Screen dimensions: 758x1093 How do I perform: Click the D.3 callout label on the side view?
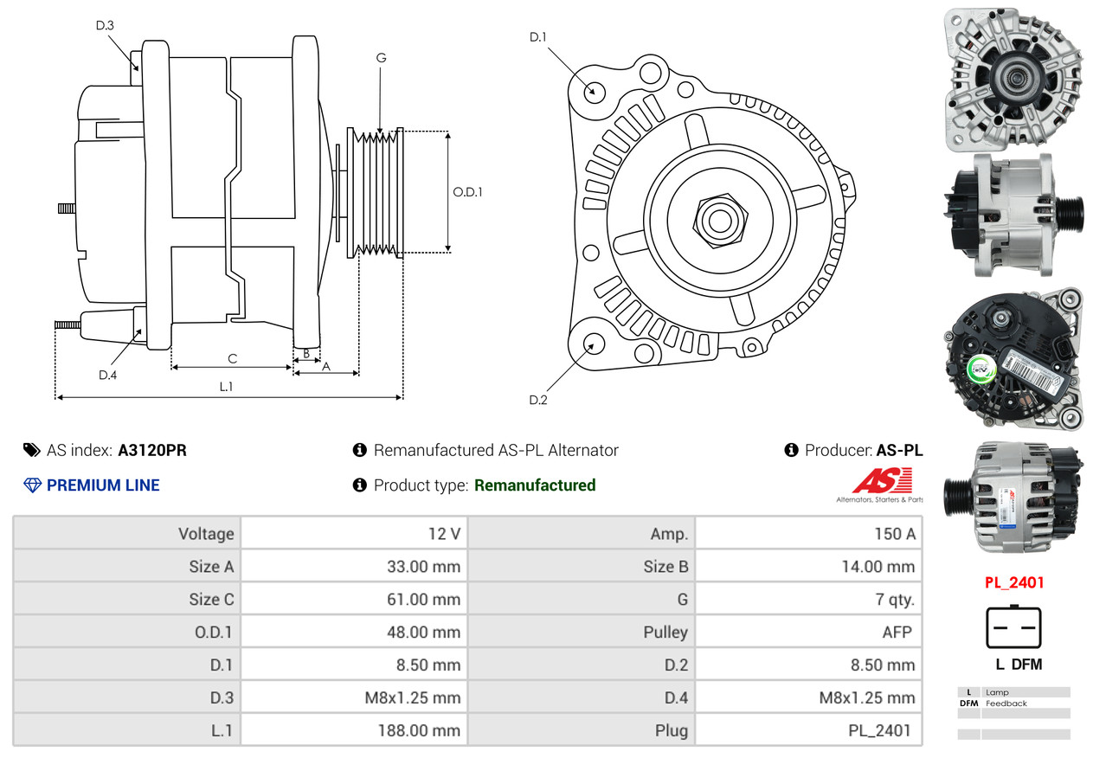click(x=105, y=25)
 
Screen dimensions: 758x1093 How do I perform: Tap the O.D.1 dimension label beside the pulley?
click(x=467, y=192)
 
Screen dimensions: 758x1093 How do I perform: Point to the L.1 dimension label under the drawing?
click(x=226, y=387)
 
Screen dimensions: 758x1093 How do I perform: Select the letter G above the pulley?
click(x=381, y=58)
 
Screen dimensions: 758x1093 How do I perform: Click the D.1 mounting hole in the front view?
click(x=594, y=91)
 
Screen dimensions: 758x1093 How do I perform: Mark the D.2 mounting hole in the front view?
click(x=593, y=344)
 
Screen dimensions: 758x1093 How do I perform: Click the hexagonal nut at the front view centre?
click(x=717, y=218)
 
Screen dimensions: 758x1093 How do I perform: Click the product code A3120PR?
click(x=152, y=451)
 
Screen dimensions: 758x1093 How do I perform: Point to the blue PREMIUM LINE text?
click(x=103, y=485)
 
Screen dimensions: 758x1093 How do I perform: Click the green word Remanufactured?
click(x=535, y=485)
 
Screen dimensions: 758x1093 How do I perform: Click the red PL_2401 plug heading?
click(x=1013, y=582)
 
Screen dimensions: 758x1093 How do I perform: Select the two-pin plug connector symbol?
click(x=1013, y=627)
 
